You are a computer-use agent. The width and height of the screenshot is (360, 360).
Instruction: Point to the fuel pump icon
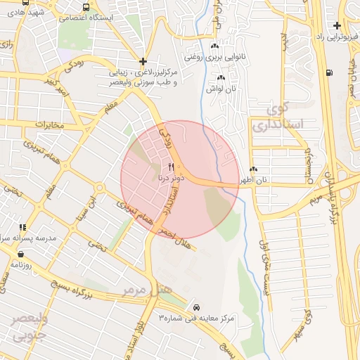click(x=329, y=72)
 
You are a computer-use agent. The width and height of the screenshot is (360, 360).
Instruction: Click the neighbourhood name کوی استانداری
click(x=285, y=117)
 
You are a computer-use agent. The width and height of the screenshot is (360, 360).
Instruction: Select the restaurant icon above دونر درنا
click(x=171, y=167)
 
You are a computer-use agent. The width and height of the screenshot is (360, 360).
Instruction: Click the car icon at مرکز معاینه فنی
click(x=195, y=307)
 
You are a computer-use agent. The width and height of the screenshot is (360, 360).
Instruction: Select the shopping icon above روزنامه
click(x=20, y=254)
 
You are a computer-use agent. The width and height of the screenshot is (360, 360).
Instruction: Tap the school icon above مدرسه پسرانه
click(x=22, y=227)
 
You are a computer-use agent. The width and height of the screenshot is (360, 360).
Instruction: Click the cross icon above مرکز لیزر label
click(x=143, y=61)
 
